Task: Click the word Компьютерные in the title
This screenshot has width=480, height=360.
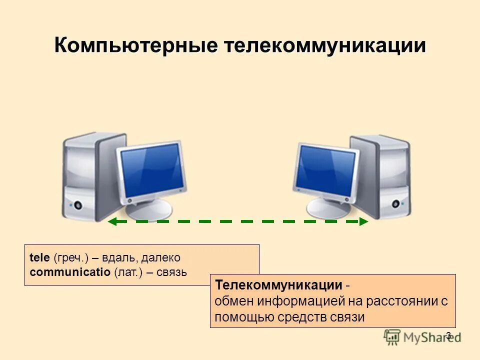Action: tap(135, 46)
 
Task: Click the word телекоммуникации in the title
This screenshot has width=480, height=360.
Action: tap(324, 46)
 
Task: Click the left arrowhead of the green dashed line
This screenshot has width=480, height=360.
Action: tap(112, 221)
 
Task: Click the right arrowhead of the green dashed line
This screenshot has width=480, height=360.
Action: tap(363, 221)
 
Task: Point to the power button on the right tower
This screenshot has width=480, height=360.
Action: tap(395, 204)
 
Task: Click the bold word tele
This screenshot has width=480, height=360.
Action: tap(39, 258)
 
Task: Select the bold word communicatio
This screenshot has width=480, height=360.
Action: tap(70, 272)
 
